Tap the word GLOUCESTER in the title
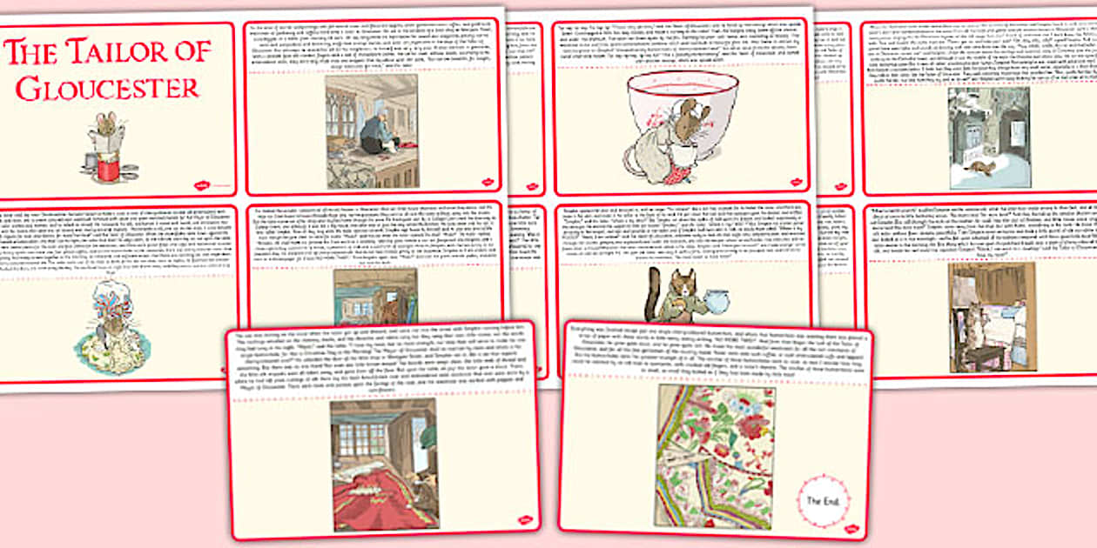(x=107, y=87)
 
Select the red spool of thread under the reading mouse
(x=108, y=166)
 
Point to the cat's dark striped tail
(x=649, y=301)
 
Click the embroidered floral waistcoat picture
(x=713, y=456)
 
